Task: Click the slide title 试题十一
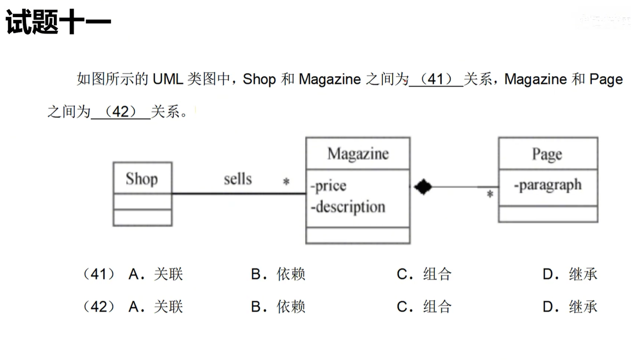pyautogui.click(x=58, y=22)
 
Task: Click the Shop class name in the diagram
pyautogui.click(x=142, y=179)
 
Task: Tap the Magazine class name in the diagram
pyautogui.click(x=358, y=154)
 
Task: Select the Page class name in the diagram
pyautogui.click(x=547, y=154)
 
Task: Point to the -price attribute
pyautogui.click(x=329, y=186)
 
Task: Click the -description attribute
pyautogui.click(x=347, y=206)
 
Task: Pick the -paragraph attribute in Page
pyautogui.click(x=548, y=185)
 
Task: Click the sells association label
pyautogui.click(x=238, y=179)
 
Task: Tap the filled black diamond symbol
pyautogui.click(x=423, y=187)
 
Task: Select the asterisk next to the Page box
pyautogui.click(x=489, y=194)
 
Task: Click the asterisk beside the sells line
pyautogui.click(x=286, y=182)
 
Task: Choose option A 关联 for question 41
pyautogui.click(x=156, y=274)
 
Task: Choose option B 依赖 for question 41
pyautogui.click(x=278, y=274)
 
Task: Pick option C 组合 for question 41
pyautogui.click(x=424, y=274)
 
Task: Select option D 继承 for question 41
pyautogui.click(x=570, y=274)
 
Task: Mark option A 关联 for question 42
pyautogui.click(x=156, y=307)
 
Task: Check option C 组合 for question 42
pyautogui.click(x=424, y=307)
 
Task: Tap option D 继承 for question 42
pyautogui.click(x=570, y=307)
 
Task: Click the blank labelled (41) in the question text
pyautogui.click(x=436, y=79)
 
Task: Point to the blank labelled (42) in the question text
pyautogui.click(x=120, y=112)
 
